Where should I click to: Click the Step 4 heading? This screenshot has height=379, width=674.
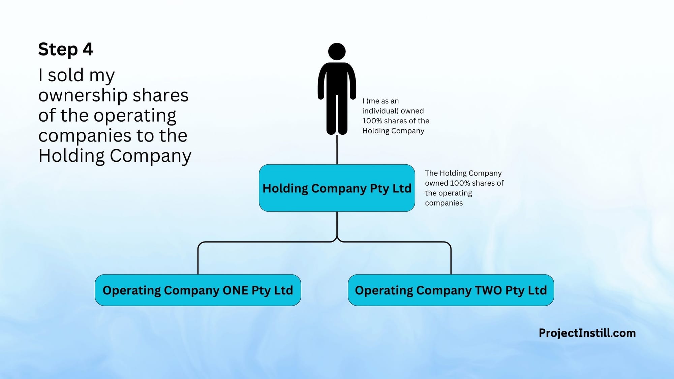(x=66, y=50)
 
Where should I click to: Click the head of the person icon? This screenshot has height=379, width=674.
(x=337, y=52)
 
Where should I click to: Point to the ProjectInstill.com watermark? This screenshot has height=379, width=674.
(x=587, y=333)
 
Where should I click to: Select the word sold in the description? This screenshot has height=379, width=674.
(x=65, y=75)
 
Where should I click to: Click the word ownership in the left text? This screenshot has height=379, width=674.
(x=83, y=95)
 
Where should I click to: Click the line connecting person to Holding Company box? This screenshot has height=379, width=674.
(x=337, y=150)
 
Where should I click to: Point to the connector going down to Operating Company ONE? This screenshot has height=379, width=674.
(x=198, y=259)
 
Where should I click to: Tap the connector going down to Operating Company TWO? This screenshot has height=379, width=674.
(x=451, y=259)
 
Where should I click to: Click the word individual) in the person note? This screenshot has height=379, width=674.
(x=380, y=111)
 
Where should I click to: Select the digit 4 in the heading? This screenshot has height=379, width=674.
(x=88, y=50)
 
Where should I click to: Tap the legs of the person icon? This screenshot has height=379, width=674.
(x=337, y=115)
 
